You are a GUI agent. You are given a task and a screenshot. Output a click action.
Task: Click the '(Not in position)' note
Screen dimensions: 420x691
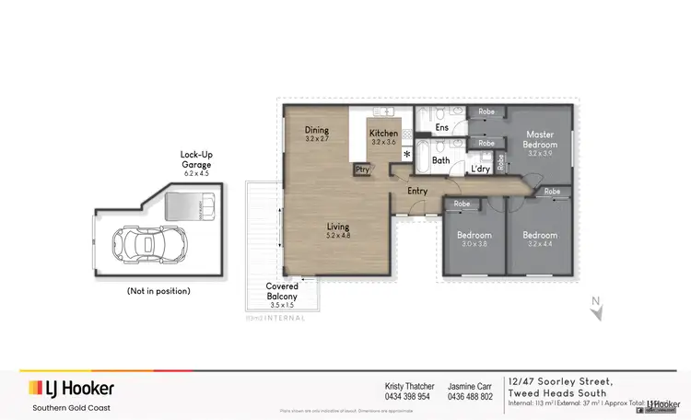pos(158,290)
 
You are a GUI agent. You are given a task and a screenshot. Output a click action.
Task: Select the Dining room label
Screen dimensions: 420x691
pos(317,134)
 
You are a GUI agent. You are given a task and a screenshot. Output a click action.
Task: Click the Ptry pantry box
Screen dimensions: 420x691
pos(361,169)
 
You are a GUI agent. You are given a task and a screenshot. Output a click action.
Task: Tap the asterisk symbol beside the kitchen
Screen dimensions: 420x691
pos(405,155)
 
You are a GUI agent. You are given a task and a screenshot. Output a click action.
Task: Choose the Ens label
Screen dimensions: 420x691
pos(442,127)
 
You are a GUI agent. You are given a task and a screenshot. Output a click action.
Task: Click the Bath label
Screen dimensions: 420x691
pos(440,160)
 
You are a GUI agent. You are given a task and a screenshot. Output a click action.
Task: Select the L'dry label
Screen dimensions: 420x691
pos(479,169)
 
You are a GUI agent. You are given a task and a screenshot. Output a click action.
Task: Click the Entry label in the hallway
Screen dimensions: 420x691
pos(418,191)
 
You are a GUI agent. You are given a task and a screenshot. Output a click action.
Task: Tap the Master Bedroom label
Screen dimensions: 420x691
pos(540,146)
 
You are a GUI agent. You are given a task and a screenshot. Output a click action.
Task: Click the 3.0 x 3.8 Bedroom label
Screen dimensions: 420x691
pos(474,239)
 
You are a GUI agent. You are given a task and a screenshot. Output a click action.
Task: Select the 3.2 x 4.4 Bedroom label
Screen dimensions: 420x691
pos(540,239)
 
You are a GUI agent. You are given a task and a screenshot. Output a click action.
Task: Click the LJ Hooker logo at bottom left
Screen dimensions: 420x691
pos(72,388)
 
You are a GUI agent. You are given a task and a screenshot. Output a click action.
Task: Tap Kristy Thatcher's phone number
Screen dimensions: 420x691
pos(407,397)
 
